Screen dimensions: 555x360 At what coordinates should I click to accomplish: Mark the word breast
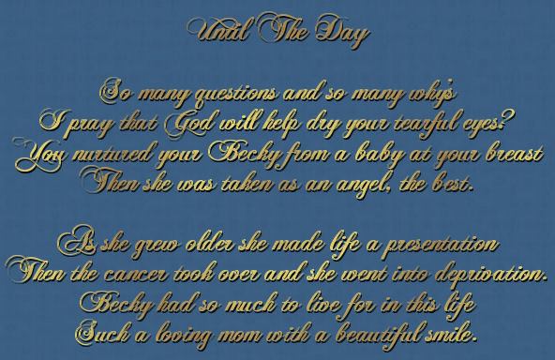click(x=515, y=153)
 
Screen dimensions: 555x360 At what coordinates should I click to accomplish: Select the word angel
click(x=364, y=185)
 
